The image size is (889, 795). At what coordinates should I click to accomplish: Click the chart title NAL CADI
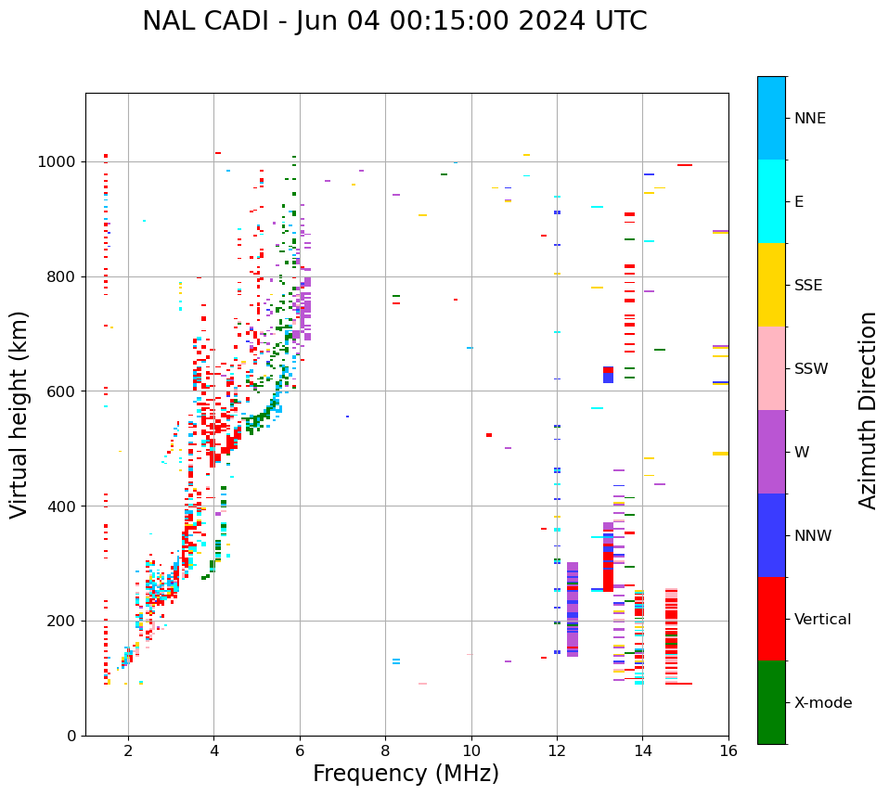(x=394, y=21)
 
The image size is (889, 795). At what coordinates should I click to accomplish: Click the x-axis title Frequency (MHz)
(x=406, y=774)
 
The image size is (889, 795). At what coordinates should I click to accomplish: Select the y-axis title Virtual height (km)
(x=19, y=414)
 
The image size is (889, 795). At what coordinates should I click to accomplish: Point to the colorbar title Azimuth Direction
(x=868, y=409)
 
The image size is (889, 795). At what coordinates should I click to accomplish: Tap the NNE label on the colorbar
(x=809, y=119)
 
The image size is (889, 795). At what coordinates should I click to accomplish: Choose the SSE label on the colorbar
(x=807, y=286)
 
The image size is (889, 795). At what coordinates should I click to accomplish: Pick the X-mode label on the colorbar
(x=822, y=703)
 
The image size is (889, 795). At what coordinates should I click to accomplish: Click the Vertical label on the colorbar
(x=822, y=620)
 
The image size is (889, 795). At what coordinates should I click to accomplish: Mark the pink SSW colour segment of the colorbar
(x=771, y=368)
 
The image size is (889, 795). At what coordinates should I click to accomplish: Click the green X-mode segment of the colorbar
(x=771, y=702)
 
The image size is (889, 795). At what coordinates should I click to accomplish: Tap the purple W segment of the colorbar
(x=771, y=452)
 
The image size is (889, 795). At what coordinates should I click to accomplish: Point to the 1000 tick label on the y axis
(x=58, y=162)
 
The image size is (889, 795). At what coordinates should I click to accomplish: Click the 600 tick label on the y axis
(x=62, y=391)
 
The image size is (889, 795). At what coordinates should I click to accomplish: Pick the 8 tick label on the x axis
(x=385, y=750)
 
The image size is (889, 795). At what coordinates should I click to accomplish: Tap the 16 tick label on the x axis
(x=728, y=750)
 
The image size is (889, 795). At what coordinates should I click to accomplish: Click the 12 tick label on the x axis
(x=557, y=750)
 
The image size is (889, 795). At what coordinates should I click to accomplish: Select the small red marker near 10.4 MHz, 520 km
(x=489, y=435)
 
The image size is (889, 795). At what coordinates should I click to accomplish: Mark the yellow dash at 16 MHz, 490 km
(x=720, y=454)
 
